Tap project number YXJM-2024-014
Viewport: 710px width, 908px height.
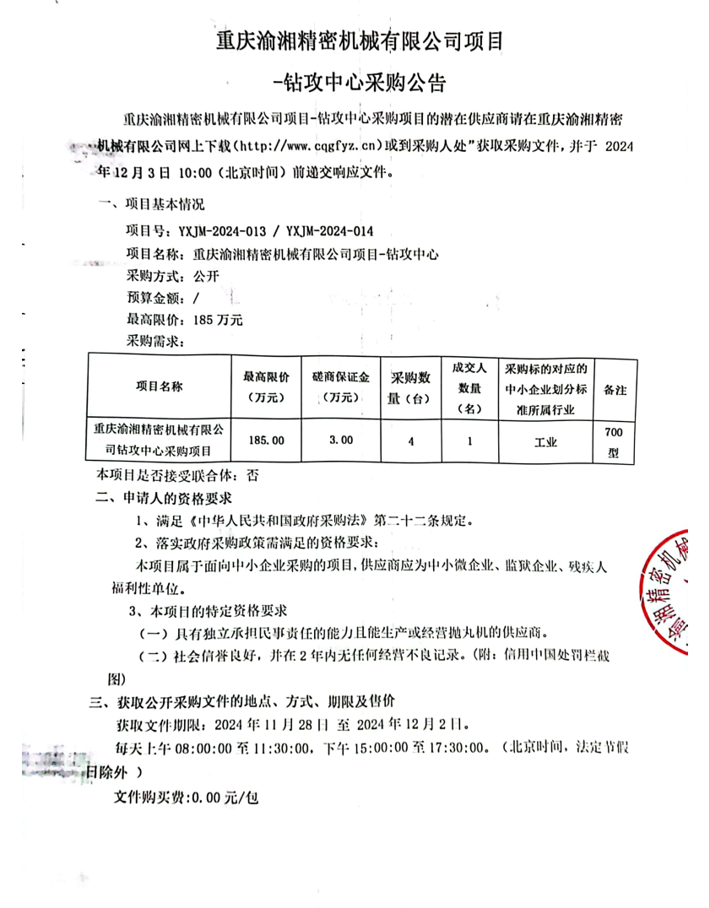click(x=330, y=230)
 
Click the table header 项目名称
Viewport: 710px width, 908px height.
click(x=160, y=386)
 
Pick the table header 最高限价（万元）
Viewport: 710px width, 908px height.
click(x=266, y=386)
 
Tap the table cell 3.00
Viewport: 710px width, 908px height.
click(x=341, y=440)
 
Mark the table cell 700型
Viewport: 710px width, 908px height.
click(x=614, y=441)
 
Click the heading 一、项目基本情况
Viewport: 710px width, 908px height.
click(x=151, y=204)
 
